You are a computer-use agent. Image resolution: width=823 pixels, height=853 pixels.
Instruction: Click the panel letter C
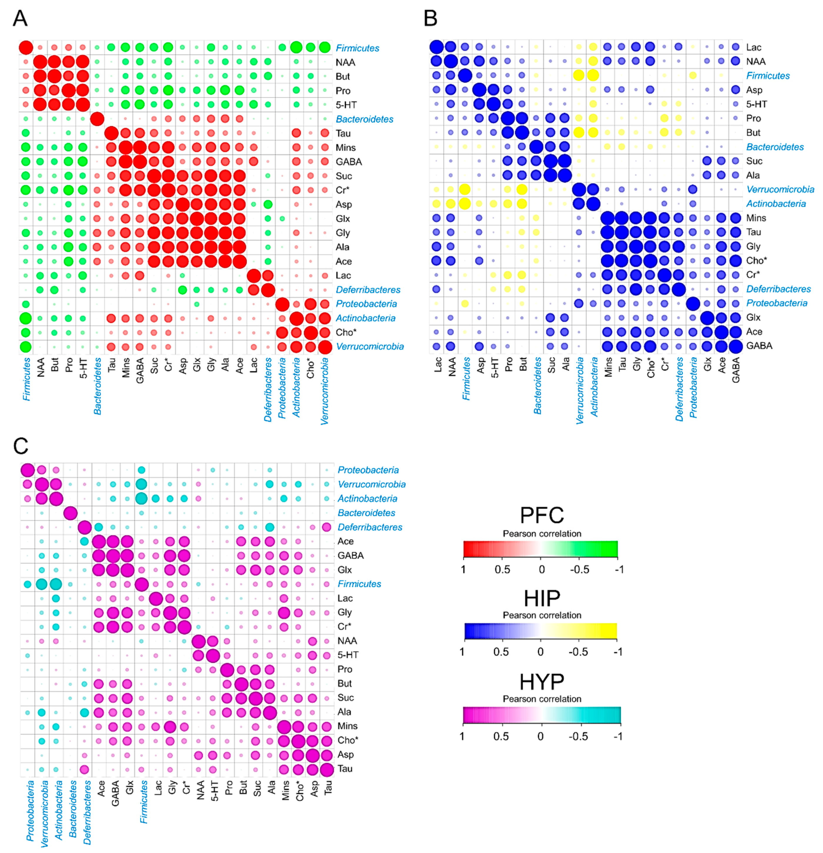click(21, 446)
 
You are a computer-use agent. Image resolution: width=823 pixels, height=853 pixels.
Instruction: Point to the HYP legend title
click(542, 682)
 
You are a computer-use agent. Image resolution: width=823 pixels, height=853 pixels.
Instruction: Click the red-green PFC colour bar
click(540, 549)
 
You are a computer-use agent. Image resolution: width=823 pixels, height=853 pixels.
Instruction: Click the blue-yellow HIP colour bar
click(540, 631)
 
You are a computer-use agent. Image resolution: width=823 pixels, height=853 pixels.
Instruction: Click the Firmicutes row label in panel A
click(357, 48)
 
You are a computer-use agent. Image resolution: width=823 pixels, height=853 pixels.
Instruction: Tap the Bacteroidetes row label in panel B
click(775, 147)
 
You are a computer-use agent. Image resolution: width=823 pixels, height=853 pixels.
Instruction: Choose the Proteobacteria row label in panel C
click(368, 470)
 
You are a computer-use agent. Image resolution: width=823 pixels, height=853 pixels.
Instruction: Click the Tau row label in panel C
click(345, 769)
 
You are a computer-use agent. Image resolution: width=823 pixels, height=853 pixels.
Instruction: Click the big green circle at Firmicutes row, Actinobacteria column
click(296, 47)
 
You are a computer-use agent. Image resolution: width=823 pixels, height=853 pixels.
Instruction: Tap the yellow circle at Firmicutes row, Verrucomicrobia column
click(579, 75)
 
